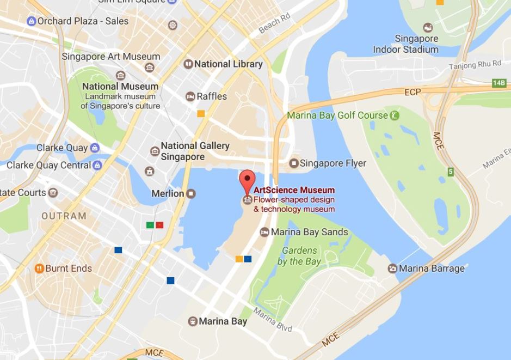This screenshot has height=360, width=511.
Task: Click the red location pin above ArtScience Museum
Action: pos(248,179)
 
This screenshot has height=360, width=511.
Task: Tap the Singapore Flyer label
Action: pos(333,163)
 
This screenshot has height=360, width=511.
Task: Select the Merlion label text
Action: pos(167,194)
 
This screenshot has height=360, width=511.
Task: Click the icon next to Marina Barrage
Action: pos(392,269)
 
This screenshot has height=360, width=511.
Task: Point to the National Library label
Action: pos(228,64)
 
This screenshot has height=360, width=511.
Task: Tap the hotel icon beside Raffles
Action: pos(190,96)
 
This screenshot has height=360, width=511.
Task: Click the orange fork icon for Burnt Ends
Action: pos(39,269)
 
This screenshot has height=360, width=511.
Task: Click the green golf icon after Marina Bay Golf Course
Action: pos(395,115)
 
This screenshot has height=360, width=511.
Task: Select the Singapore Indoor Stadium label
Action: pos(405,44)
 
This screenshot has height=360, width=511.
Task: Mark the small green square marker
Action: pos(150,225)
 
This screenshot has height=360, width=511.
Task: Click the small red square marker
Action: pos(159,225)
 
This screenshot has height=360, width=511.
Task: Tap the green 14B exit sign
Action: pos(498,83)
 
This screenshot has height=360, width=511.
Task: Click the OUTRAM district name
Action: pos(64,216)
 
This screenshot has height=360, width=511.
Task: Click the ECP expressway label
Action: pos(413,92)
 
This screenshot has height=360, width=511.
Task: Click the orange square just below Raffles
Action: pos(201,114)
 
